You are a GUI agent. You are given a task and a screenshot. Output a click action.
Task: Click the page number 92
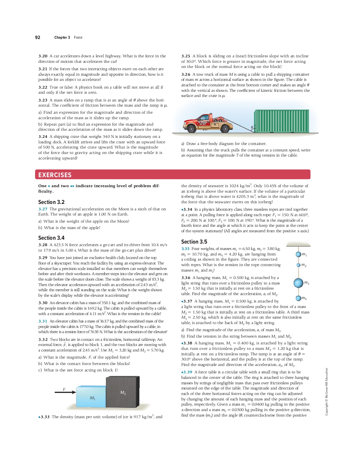[x=38, y=37]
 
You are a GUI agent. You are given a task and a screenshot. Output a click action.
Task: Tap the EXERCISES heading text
[x=55, y=175]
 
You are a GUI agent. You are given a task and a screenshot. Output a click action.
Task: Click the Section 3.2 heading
[x=51, y=202]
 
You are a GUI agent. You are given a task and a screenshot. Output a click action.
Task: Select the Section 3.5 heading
[x=194, y=242]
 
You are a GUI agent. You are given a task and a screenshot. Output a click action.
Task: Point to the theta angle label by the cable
[x=252, y=128]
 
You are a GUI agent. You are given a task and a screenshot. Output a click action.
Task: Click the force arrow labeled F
[x=65, y=392]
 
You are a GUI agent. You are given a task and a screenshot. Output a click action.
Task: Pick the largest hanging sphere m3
[x=298, y=283]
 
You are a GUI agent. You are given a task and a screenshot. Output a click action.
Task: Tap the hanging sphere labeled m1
[x=298, y=255]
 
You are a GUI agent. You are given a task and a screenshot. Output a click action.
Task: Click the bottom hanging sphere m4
[x=298, y=298]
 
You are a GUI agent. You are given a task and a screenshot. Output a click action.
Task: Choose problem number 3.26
[x=186, y=74]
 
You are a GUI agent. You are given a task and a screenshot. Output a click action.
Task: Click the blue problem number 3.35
[x=185, y=249]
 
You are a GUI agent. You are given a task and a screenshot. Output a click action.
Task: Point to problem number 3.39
[x=187, y=372]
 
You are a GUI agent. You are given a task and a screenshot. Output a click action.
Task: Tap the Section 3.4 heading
[x=51, y=238]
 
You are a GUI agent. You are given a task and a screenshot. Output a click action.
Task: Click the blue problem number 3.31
[x=43, y=321]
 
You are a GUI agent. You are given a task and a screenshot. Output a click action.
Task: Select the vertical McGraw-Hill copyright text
[x=327, y=391]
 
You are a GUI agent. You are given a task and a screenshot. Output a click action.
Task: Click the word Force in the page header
[x=78, y=37]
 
